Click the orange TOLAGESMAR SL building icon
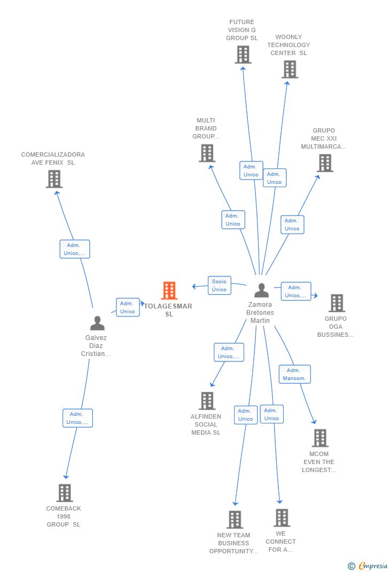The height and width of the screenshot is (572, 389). pos(169,291)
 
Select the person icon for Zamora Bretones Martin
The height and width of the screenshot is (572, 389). pos(261,290)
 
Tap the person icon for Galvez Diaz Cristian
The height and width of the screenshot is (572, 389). pos(97,323)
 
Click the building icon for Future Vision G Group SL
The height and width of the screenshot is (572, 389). pos(243,55)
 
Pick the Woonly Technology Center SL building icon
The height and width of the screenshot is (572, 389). pos(290,69)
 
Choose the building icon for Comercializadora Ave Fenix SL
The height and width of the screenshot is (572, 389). pos(54,179)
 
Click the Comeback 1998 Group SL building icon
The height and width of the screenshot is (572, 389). pos(64,493)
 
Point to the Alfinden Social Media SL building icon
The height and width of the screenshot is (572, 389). pos(207,401)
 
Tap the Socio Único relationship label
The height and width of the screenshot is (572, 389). pos(219,285)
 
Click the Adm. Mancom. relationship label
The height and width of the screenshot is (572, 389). pos(294,374)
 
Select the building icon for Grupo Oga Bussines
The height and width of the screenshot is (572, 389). pos(336,303)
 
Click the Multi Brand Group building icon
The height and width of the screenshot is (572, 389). pos(207,153)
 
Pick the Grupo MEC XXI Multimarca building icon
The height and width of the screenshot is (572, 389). pos(325,163)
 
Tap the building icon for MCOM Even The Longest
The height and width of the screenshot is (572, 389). pos(320,438)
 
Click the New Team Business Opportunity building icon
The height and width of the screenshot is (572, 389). pos(235,520)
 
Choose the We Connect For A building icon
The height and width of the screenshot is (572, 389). pos(282,518)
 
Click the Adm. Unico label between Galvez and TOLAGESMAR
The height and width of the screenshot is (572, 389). pos(128,307)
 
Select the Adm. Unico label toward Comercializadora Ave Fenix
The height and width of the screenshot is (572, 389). pos(75,249)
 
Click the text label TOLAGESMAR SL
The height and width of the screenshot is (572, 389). pos(169,310)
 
